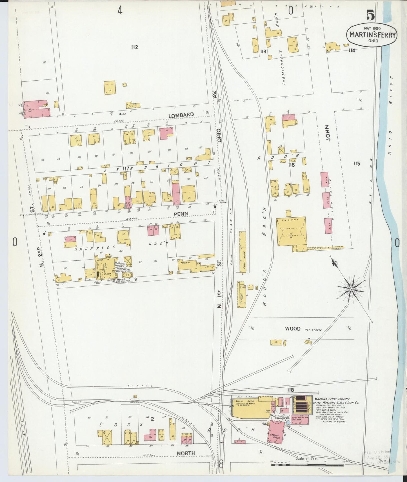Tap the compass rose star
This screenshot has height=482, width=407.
[x=351, y=289]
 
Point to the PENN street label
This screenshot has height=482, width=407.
[x=181, y=214]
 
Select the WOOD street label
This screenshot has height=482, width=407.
[x=293, y=328]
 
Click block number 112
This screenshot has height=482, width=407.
[x=134, y=47]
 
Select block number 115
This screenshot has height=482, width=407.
[x=357, y=163]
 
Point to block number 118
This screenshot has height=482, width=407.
[x=290, y=390]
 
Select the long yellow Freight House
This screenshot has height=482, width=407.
[x=243, y=252]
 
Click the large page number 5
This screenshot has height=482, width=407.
[x=371, y=15]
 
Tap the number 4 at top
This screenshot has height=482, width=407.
[x=120, y=10]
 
